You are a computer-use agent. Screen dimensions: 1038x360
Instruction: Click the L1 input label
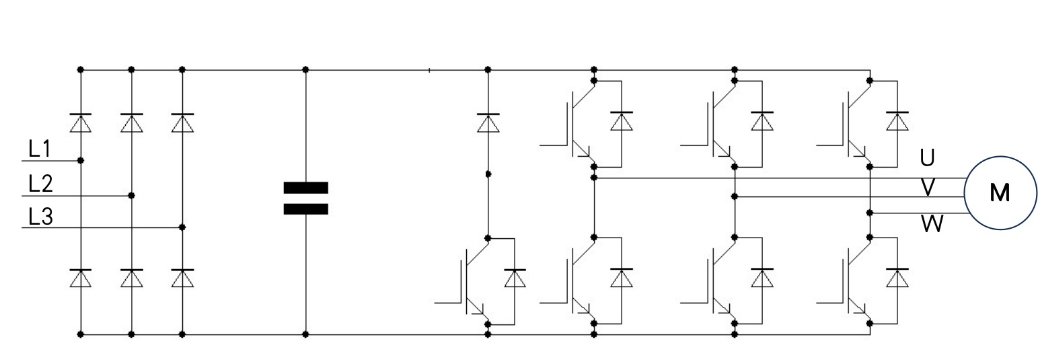[40, 149]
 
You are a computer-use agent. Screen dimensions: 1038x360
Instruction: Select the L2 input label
[41, 184]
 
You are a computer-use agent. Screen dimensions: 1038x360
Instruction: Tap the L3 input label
[41, 217]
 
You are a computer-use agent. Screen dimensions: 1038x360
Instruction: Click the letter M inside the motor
[1000, 192]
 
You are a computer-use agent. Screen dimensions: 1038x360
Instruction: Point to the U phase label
[927, 158]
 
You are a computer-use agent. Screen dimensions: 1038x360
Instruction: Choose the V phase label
[928, 188]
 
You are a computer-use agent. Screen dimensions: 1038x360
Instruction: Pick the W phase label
[932, 224]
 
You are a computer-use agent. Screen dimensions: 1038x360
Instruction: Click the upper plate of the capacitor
[306, 188]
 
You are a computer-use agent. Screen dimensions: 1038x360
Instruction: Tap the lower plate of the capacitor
[306, 209]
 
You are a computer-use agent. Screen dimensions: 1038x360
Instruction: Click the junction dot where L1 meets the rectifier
[81, 160]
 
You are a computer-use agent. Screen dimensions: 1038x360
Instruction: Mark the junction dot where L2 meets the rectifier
[132, 196]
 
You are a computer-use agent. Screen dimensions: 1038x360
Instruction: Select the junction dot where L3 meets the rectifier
[182, 227]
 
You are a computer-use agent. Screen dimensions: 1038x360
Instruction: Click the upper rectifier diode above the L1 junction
[81, 122]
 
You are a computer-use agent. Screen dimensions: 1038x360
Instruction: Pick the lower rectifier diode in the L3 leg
[182, 278]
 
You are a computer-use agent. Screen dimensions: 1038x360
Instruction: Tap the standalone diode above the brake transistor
[488, 122]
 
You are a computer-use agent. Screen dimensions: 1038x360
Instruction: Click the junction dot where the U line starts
[594, 178]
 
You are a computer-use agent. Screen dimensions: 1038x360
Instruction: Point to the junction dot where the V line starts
[734, 196]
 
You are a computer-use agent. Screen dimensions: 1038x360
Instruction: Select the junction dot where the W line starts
[870, 213]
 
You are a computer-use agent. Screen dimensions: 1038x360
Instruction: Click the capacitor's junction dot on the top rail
[305, 69]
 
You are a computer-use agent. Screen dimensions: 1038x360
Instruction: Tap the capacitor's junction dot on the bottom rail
[305, 334]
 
